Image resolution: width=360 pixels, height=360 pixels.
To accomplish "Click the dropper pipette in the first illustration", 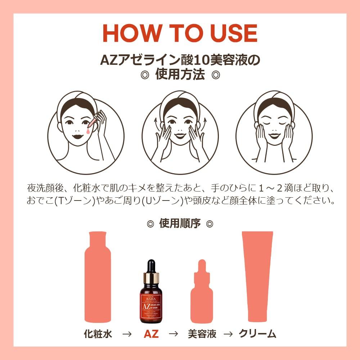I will click(93, 122).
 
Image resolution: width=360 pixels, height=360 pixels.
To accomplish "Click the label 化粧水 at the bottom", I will click(98, 334).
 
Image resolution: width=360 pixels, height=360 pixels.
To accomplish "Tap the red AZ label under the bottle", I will click(151, 334).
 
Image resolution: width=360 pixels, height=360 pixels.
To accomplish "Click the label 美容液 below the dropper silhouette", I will click(202, 334).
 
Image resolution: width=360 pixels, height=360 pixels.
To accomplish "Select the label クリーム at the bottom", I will click(258, 334).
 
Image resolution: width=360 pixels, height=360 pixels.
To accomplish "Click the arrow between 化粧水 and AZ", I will click(126, 334).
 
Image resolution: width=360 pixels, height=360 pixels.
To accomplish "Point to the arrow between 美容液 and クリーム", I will click(228, 334).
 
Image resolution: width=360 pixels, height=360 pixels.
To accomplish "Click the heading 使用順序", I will click(180, 224).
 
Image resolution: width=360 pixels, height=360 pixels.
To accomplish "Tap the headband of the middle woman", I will click(180, 96).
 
